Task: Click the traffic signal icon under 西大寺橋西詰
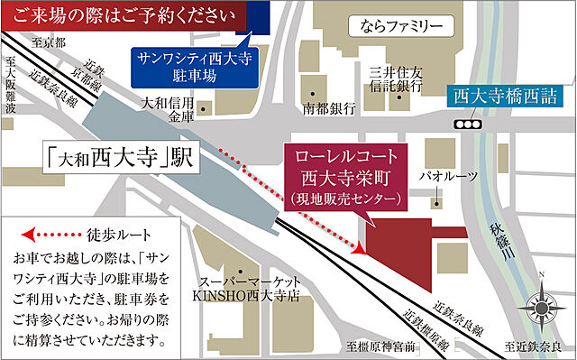pos(467,123)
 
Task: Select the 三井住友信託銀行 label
pos(390,77)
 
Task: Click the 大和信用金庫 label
pos(172,109)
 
